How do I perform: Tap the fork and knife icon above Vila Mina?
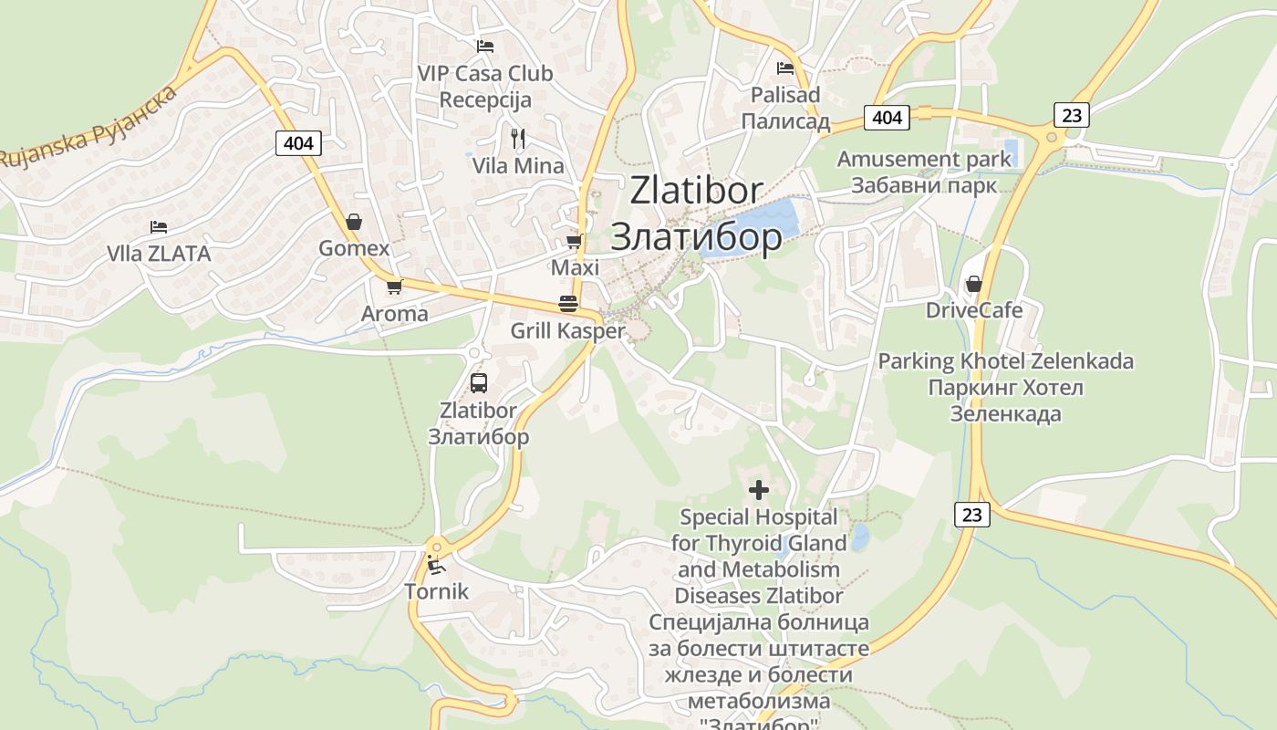(x=518, y=139)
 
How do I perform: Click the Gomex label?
(x=354, y=248)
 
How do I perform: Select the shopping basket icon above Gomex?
(x=354, y=222)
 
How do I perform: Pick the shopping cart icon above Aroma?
(x=394, y=287)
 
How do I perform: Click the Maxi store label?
(x=575, y=267)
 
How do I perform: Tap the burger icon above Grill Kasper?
(x=567, y=304)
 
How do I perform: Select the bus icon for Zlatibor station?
(x=479, y=383)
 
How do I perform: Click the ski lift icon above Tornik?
(x=437, y=565)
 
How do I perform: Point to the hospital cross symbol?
(x=758, y=490)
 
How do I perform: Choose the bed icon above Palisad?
(x=785, y=68)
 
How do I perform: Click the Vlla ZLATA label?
(x=159, y=254)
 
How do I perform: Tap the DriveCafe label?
(x=974, y=310)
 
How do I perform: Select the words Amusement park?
(x=924, y=159)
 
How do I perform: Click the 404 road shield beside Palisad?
(x=887, y=117)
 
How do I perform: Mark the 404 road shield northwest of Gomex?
(x=297, y=142)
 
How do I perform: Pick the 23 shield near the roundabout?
(x=1072, y=115)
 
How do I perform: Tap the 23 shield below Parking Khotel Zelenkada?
(x=972, y=515)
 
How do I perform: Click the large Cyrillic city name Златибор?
(x=696, y=236)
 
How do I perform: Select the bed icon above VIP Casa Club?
(x=485, y=46)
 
